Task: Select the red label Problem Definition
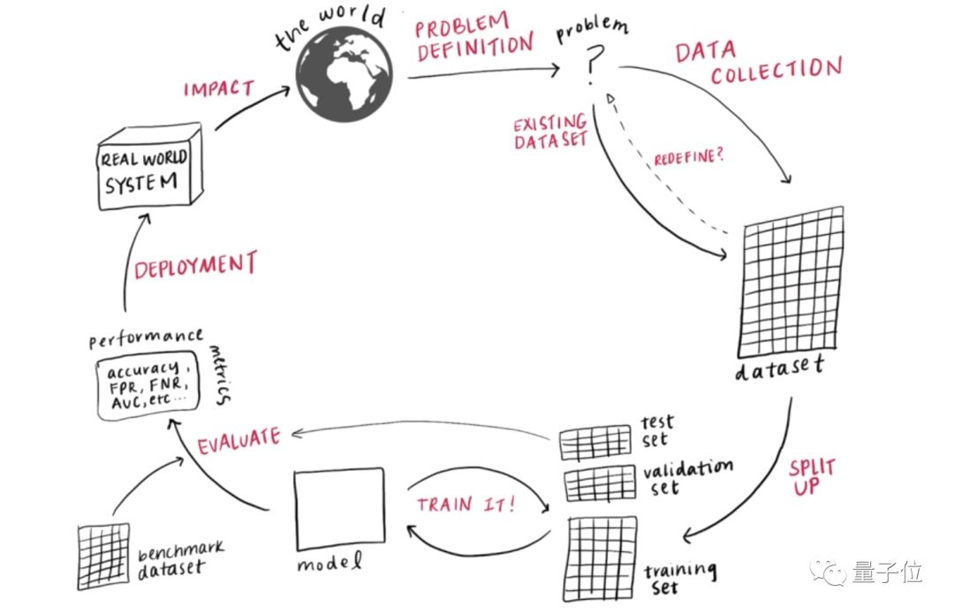(x=475, y=38)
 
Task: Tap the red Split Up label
(x=811, y=475)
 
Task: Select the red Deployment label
(x=195, y=265)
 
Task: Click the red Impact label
(x=218, y=88)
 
